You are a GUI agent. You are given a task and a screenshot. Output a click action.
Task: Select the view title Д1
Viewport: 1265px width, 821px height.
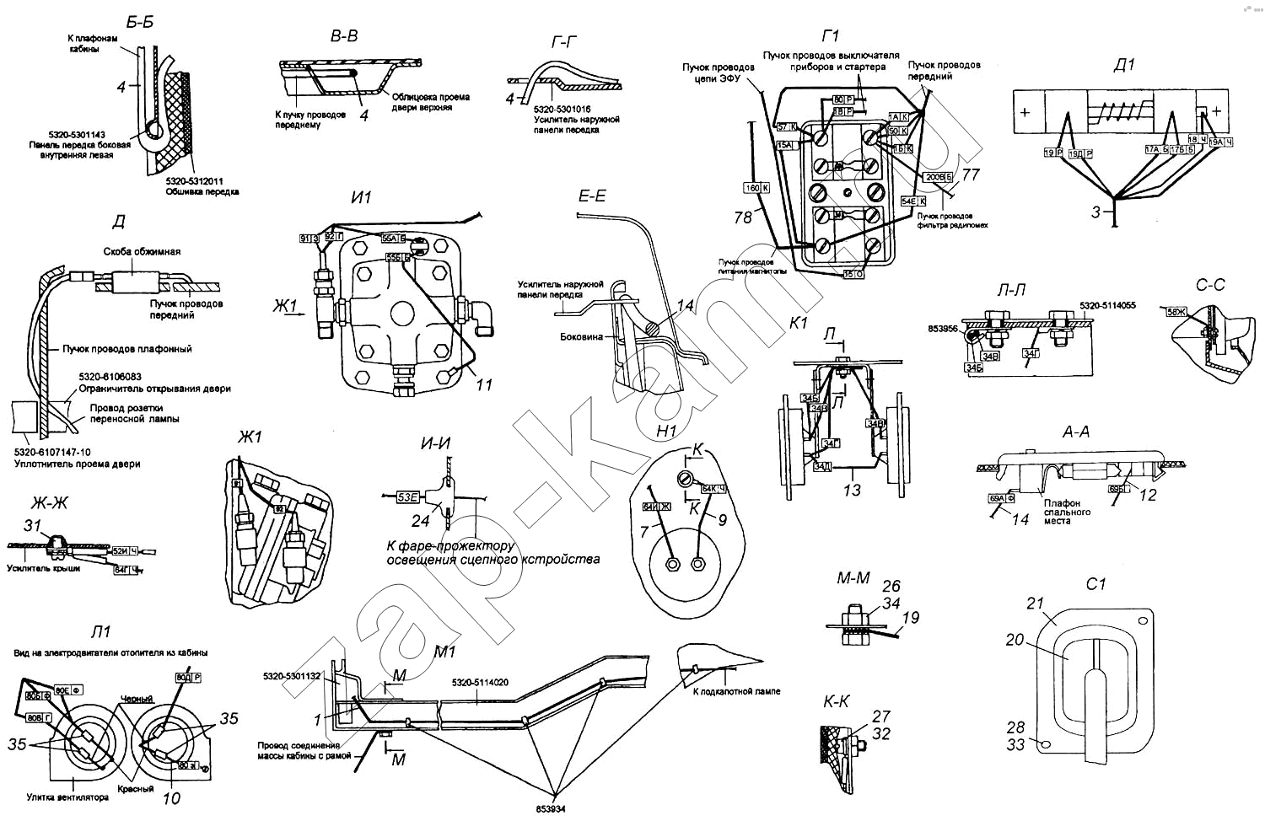click(1125, 65)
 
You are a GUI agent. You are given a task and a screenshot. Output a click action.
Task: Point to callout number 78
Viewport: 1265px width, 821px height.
click(743, 217)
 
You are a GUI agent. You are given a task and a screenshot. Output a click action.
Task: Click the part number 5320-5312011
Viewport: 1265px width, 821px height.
click(193, 181)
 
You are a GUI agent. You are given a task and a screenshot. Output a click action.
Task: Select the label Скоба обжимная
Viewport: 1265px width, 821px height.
click(142, 251)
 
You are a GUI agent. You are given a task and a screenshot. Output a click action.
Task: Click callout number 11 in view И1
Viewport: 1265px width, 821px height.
click(483, 384)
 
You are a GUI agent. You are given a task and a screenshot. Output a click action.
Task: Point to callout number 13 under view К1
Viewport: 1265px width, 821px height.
click(853, 490)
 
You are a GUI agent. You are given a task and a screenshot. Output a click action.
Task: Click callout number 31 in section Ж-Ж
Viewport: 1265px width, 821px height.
click(33, 526)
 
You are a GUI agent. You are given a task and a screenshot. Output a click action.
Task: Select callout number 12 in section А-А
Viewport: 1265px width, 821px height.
click(1149, 496)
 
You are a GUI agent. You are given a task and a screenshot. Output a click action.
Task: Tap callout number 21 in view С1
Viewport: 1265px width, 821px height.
click(1035, 604)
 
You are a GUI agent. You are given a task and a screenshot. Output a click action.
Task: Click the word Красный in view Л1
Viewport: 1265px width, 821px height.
click(137, 789)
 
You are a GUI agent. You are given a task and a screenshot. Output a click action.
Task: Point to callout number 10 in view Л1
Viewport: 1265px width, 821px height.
click(171, 797)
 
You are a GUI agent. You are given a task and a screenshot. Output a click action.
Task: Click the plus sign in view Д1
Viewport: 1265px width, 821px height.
click(1025, 112)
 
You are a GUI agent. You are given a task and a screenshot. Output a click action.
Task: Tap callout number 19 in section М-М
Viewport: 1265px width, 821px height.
click(910, 620)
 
